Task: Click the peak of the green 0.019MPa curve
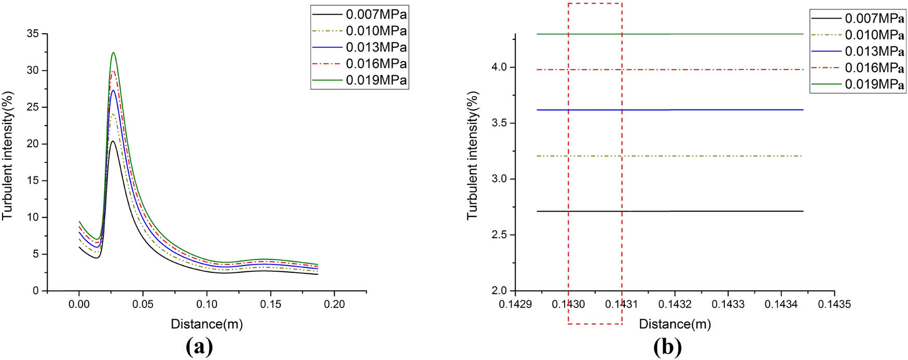coord(113,52)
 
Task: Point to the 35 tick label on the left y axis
coord(33,34)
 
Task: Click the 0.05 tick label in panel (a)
coord(143,304)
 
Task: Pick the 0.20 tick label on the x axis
coord(334,304)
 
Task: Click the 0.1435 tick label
coord(834,304)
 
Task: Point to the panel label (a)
coord(199,346)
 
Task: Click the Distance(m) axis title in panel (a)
coord(207,324)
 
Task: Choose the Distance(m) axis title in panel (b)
coord(675,324)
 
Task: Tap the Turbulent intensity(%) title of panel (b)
coord(473,156)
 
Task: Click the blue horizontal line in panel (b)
coord(726,110)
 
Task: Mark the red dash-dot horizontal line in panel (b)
coord(726,70)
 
